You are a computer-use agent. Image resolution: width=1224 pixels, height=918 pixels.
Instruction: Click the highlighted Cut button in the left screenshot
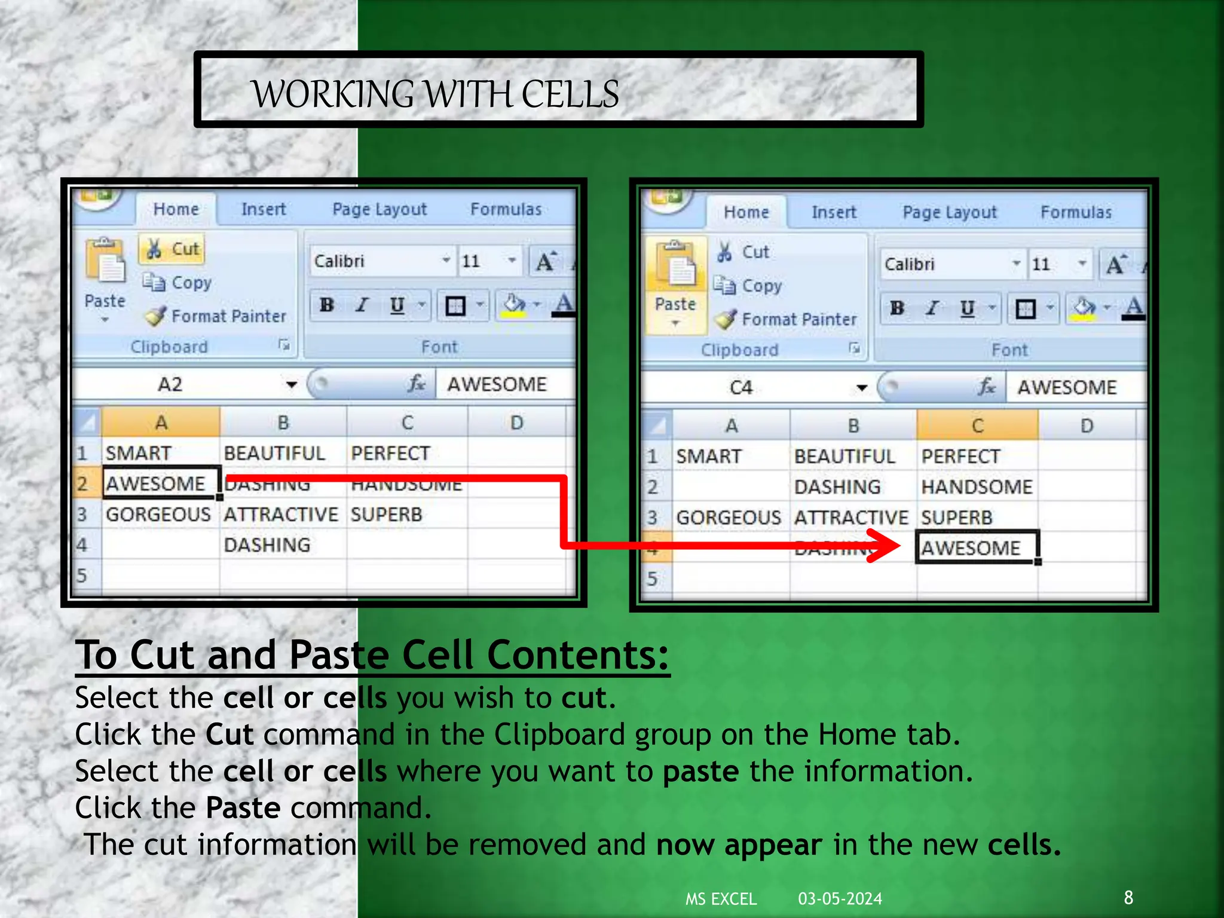tap(172, 249)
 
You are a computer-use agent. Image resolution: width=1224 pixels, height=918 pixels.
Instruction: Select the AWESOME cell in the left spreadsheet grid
tap(157, 483)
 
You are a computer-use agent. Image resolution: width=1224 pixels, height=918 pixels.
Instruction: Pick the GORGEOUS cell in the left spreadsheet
tap(158, 514)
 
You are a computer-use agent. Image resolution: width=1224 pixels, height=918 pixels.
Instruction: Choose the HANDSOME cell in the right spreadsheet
tap(976, 487)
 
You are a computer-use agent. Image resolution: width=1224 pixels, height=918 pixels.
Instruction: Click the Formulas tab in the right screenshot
tap(1076, 212)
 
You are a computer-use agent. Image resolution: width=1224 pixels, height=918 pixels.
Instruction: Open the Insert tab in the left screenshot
tap(264, 209)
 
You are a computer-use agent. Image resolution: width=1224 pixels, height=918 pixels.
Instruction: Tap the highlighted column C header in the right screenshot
tap(977, 426)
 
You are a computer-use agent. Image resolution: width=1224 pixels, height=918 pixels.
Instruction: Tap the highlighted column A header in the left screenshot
tap(161, 423)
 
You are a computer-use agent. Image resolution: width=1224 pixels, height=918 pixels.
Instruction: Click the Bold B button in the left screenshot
tap(326, 305)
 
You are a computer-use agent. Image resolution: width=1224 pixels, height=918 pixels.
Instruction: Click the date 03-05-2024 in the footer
tap(840, 898)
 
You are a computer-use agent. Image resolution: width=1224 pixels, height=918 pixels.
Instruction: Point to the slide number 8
tap(1128, 897)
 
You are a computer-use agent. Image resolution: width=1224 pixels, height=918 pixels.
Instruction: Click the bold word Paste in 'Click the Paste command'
tap(243, 808)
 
